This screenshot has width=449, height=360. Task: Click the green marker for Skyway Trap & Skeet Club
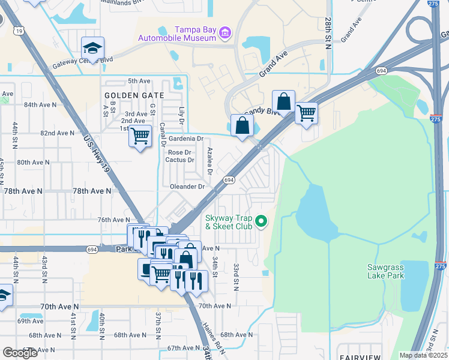261,222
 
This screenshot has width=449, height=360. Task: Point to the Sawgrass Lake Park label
386,271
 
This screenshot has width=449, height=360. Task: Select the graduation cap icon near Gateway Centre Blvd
93,48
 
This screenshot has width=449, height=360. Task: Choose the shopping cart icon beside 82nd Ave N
140,136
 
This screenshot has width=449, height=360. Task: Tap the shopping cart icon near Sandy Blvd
306,112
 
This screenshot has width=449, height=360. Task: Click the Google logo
20,353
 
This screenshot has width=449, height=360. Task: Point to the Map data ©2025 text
423,355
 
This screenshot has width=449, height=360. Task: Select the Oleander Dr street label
187,187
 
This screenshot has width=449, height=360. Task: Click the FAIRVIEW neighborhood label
359,357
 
